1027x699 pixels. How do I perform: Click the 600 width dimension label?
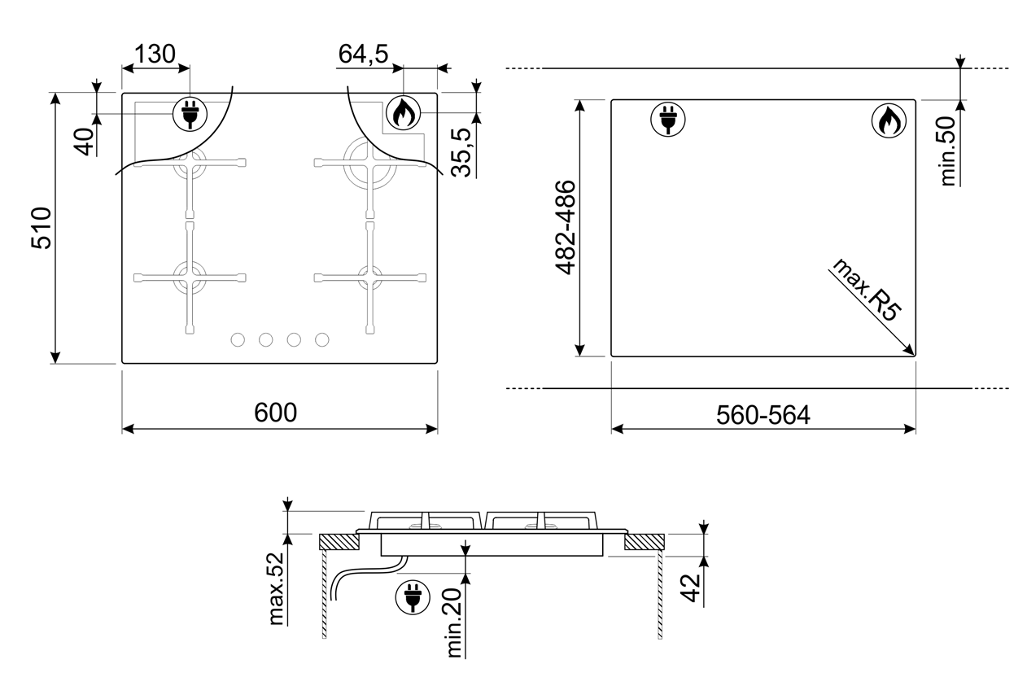(x=276, y=413)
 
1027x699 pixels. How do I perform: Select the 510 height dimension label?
(x=42, y=228)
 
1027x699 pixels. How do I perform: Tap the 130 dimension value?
(x=155, y=54)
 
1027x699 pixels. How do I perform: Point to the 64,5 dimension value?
(x=363, y=54)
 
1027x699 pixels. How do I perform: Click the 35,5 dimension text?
(x=461, y=153)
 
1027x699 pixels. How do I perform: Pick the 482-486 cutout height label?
(x=566, y=227)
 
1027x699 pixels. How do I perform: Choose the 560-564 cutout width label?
(x=763, y=415)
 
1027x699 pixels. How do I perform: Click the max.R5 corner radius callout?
(x=866, y=290)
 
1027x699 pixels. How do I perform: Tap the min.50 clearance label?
(x=948, y=151)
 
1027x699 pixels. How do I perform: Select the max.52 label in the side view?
(x=277, y=588)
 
